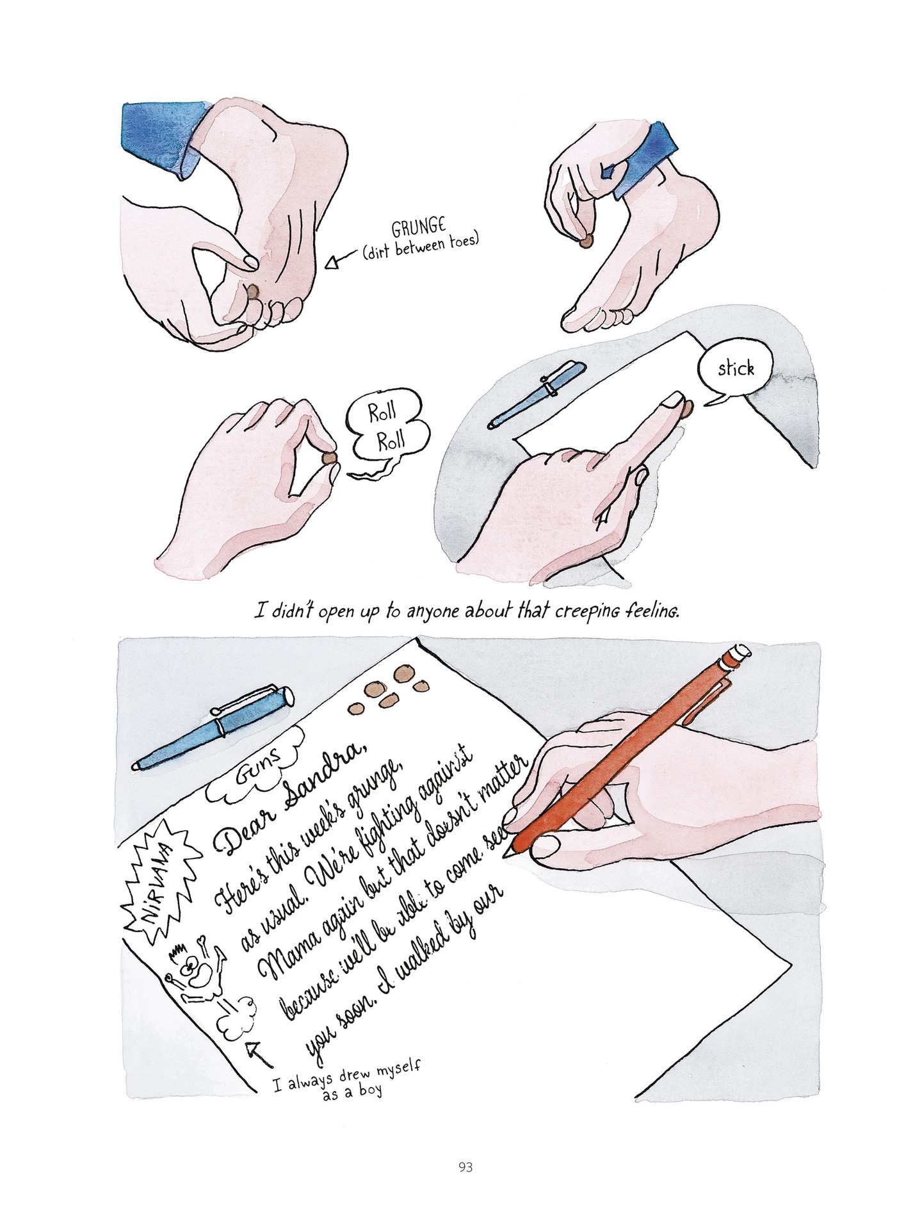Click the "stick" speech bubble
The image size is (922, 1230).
(735, 369)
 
